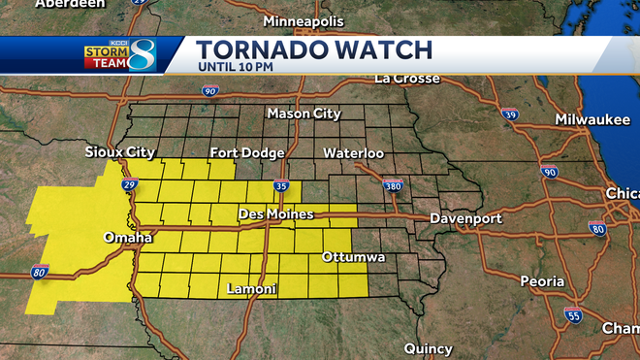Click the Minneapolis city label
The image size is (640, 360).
pyautogui.click(x=303, y=20)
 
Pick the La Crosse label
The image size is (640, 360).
pyautogui.click(x=409, y=78)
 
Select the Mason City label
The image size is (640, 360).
pyautogui.click(x=304, y=115)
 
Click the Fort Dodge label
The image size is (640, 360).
pyautogui.click(x=247, y=152)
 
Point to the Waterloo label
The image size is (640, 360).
pyautogui.click(x=353, y=152)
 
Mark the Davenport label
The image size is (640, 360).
pyautogui.click(x=465, y=218)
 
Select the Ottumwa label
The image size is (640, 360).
pyautogui.click(x=354, y=257)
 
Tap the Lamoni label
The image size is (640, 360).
pyautogui.click(x=251, y=289)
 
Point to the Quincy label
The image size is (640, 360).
pyautogui.click(x=428, y=347)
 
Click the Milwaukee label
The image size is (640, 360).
pyautogui.click(x=592, y=118)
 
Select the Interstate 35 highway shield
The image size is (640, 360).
pyautogui.click(x=281, y=186)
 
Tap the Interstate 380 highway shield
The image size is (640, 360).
pyautogui.click(x=393, y=184)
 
